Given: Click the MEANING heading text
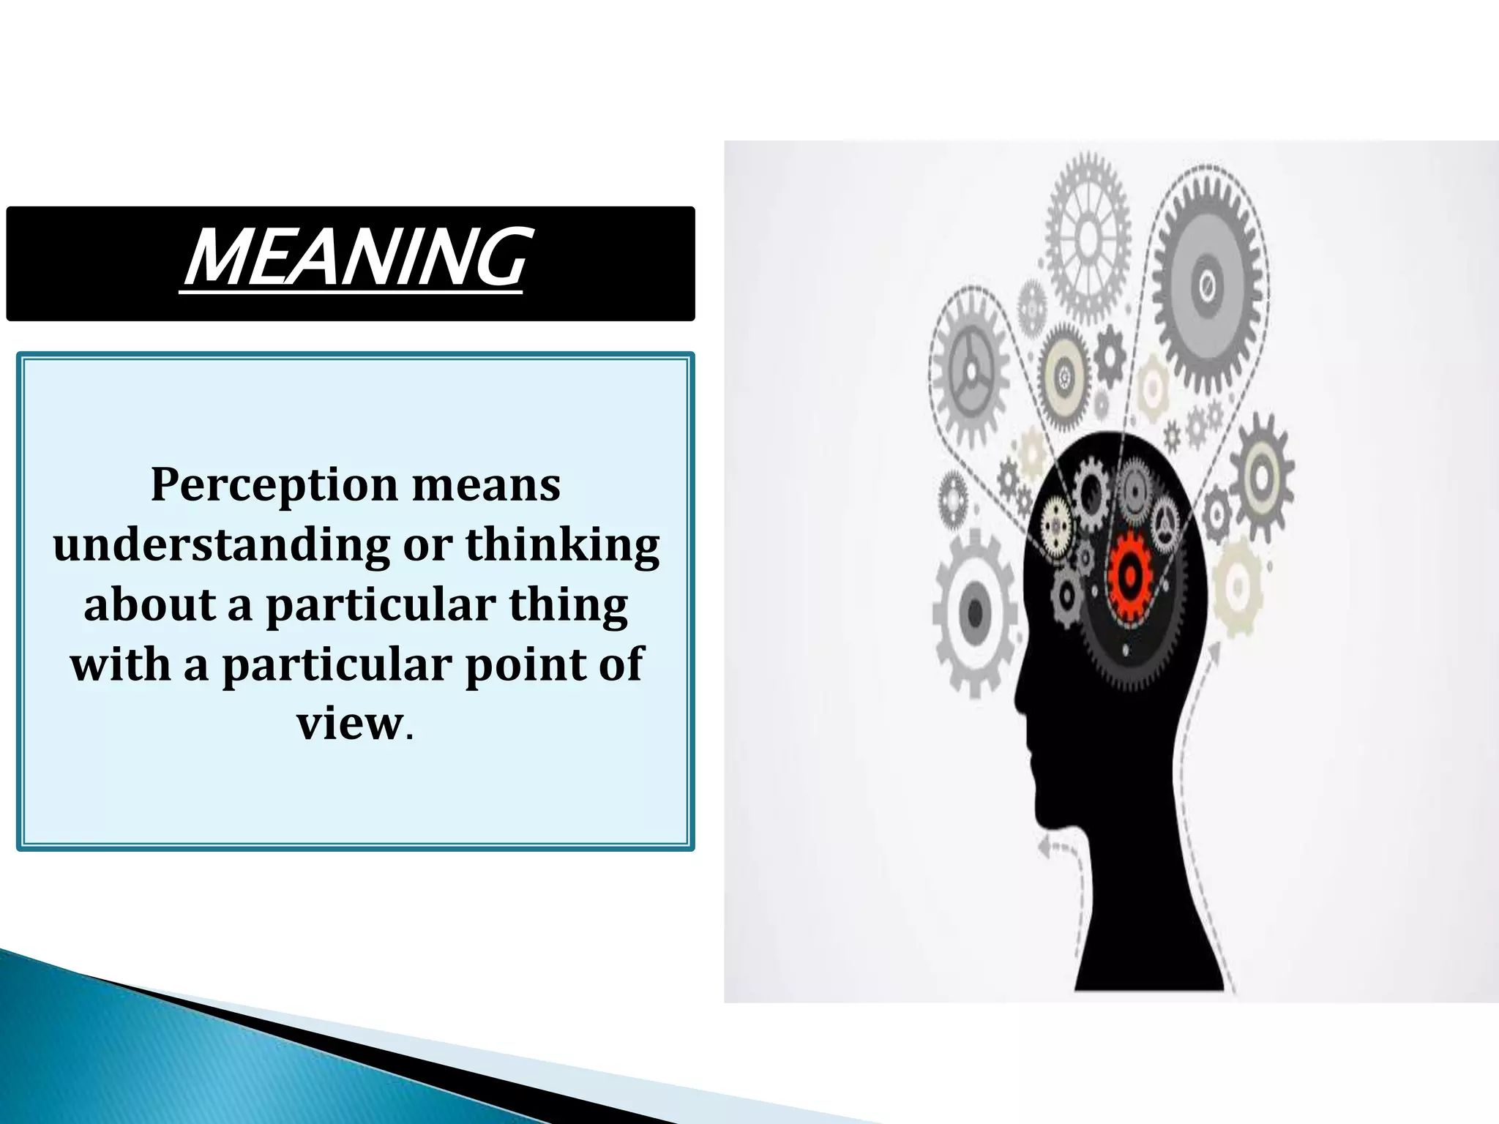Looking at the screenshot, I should (x=352, y=258).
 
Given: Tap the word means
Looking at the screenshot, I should (x=486, y=484).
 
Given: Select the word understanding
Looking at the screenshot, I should (x=221, y=546).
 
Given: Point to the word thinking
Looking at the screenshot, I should (x=562, y=544).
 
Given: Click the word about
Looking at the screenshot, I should (x=150, y=605).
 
